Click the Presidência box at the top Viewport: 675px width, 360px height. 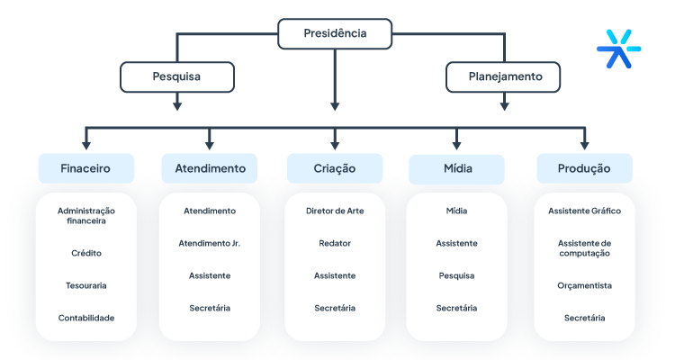[x=335, y=34]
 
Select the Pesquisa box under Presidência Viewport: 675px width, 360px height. [x=176, y=76]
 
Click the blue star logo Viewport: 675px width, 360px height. [x=619, y=48]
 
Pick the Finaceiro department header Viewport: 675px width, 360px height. [x=85, y=168]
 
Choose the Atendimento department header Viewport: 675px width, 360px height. [x=210, y=168]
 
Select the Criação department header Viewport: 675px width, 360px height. [x=335, y=168]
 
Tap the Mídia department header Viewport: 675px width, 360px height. [x=456, y=168]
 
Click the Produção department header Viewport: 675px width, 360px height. [x=584, y=168]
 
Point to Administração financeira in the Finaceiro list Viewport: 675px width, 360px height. [x=85, y=215]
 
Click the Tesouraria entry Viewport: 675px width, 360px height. [x=85, y=285]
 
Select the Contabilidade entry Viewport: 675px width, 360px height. [x=85, y=318]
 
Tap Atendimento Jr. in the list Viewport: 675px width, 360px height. [x=210, y=243]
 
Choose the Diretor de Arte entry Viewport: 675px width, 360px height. [x=335, y=211]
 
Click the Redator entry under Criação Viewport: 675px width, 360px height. [x=335, y=243]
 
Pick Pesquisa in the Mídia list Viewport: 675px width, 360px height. [x=456, y=275]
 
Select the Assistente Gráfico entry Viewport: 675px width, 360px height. [x=584, y=211]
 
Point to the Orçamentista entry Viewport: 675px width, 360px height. [x=584, y=285]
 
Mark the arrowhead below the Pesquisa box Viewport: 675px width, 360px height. [x=176, y=105]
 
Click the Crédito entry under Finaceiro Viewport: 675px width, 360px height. [x=85, y=253]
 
